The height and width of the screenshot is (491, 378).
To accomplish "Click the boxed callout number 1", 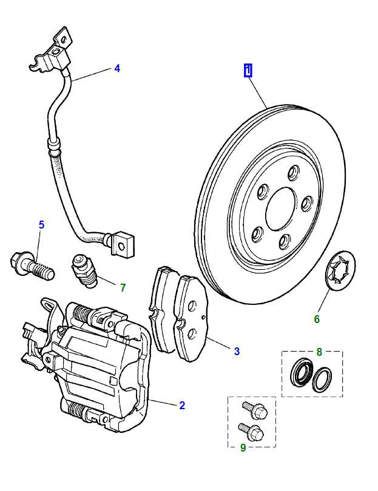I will [x=248, y=70].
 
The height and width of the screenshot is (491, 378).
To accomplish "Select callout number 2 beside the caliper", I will [x=182, y=406].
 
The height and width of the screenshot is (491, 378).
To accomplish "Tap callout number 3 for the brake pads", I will [x=237, y=351].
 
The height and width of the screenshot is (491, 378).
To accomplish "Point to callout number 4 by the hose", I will [x=117, y=68].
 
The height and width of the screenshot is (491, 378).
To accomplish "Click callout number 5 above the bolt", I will [x=41, y=225].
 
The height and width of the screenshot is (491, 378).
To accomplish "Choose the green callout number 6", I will [x=317, y=319].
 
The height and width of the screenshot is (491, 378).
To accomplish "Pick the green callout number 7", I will [x=123, y=287].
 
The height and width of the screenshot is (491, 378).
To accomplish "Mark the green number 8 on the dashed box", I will [x=319, y=351].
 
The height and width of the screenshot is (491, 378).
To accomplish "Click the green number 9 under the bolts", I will [x=243, y=448].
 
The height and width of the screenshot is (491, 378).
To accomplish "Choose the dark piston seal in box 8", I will [x=300, y=371].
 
